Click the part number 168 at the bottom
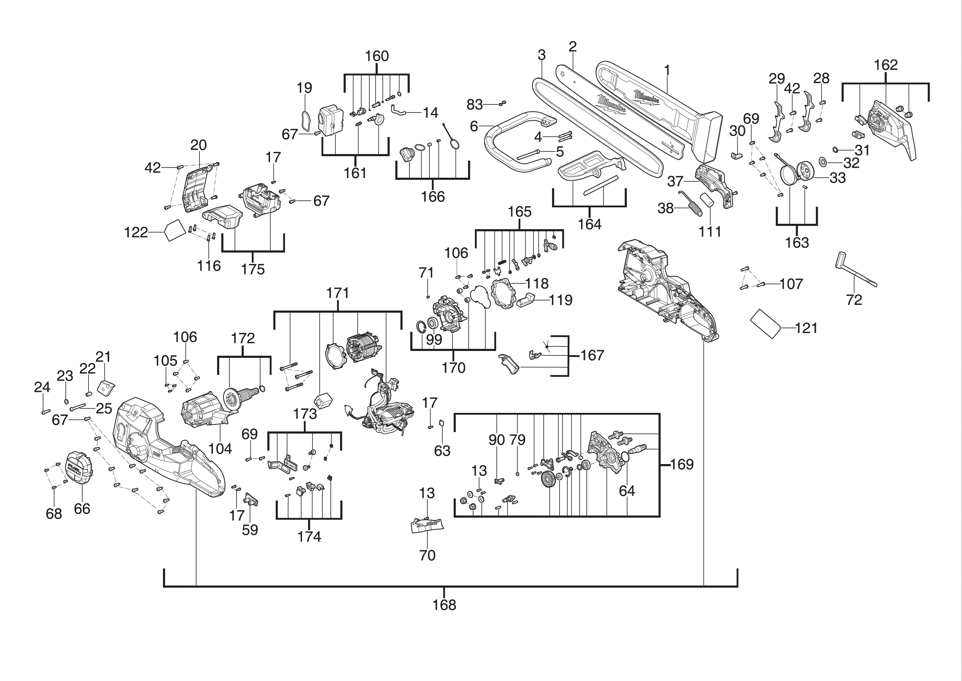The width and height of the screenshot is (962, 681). pyautogui.click(x=444, y=605)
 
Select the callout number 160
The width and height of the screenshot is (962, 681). pyautogui.click(x=377, y=56)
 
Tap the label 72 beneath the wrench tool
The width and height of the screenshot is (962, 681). pyautogui.click(x=854, y=300)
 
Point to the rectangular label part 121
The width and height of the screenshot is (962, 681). pyautogui.click(x=765, y=324)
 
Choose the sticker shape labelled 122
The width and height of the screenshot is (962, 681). pyautogui.click(x=174, y=231)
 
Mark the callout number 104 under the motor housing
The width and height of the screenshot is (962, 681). pyautogui.click(x=220, y=449)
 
